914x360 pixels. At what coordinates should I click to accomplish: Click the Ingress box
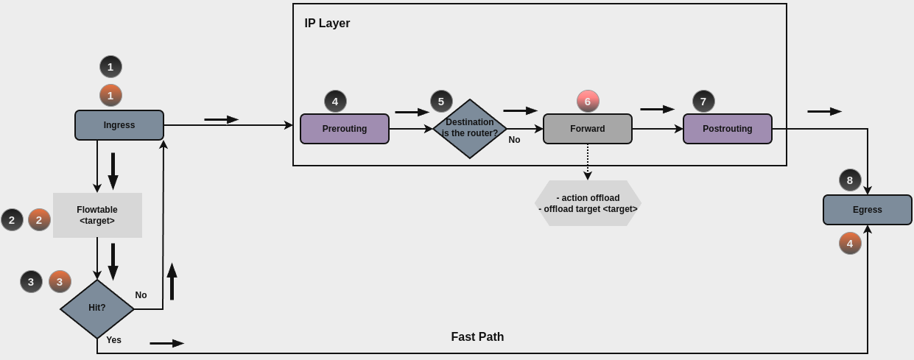pos(119,125)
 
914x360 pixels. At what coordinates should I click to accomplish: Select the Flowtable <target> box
pos(97,215)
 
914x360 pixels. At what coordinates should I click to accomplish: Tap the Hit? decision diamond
pos(97,308)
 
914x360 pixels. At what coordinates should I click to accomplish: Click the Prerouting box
pos(345,129)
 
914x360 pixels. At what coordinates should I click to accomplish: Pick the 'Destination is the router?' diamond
pos(470,129)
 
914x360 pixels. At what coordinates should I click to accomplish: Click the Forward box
pos(588,129)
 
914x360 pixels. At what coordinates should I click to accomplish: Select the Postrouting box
pos(728,129)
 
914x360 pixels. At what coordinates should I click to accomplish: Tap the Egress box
pos(868,210)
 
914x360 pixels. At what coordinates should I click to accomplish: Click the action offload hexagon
pos(588,203)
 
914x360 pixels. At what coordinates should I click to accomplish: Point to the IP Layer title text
pos(327,24)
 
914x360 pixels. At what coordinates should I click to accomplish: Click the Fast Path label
pos(477,337)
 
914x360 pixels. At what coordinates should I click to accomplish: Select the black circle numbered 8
pos(850,180)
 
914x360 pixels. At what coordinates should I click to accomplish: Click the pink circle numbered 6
pos(588,102)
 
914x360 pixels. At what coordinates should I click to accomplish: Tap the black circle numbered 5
pos(441,102)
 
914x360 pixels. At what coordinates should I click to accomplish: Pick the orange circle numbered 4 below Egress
pos(850,244)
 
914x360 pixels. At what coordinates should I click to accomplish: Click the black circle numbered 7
pos(703,102)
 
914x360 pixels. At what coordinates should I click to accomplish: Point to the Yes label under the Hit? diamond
pos(113,340)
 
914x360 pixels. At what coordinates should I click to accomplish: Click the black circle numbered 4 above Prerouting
pos(335,102)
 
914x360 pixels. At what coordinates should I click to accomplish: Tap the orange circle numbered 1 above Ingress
pos(110,96)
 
